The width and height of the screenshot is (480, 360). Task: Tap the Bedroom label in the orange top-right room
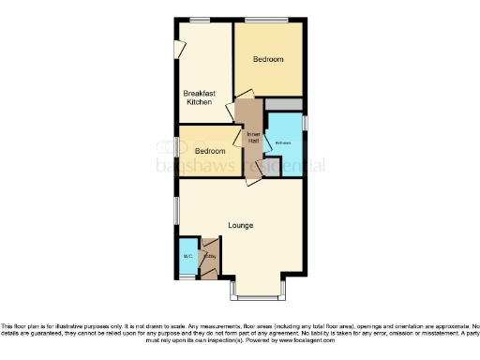[268, 59]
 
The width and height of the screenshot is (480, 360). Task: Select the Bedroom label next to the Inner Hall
[209, 151]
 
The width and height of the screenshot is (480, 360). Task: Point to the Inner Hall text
[251, 139]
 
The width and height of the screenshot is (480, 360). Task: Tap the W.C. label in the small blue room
[187, 255]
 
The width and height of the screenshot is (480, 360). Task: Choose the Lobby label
[210, 256]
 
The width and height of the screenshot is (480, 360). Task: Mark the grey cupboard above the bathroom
[284, 104]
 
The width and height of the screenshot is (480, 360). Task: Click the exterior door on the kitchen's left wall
[178, 49]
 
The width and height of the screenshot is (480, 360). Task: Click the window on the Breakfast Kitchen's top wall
[199, 20]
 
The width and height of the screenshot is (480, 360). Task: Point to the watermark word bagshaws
[210, 167]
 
